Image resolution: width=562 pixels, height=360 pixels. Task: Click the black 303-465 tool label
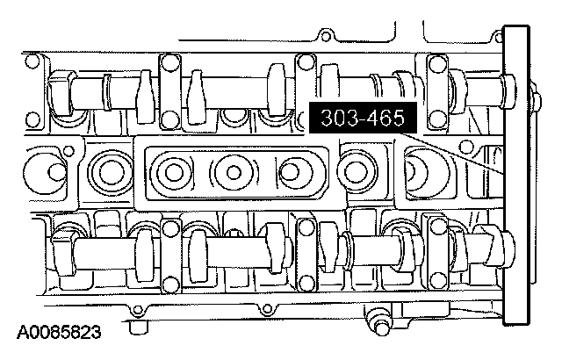363,118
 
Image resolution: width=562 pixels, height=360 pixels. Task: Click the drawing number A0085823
59,333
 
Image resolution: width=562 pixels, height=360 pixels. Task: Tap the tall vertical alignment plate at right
516,175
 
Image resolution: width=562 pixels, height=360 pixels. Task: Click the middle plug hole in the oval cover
234,173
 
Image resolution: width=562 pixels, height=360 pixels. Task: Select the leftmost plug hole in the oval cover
174,173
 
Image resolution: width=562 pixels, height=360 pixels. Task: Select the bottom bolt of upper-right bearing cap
437,119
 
